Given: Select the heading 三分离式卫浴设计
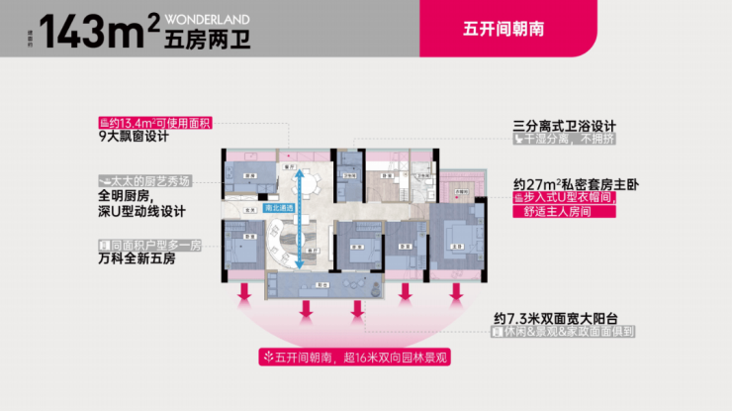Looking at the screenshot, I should click(x=565, y=126).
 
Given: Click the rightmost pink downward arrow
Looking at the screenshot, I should click(x=456, y=294).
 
